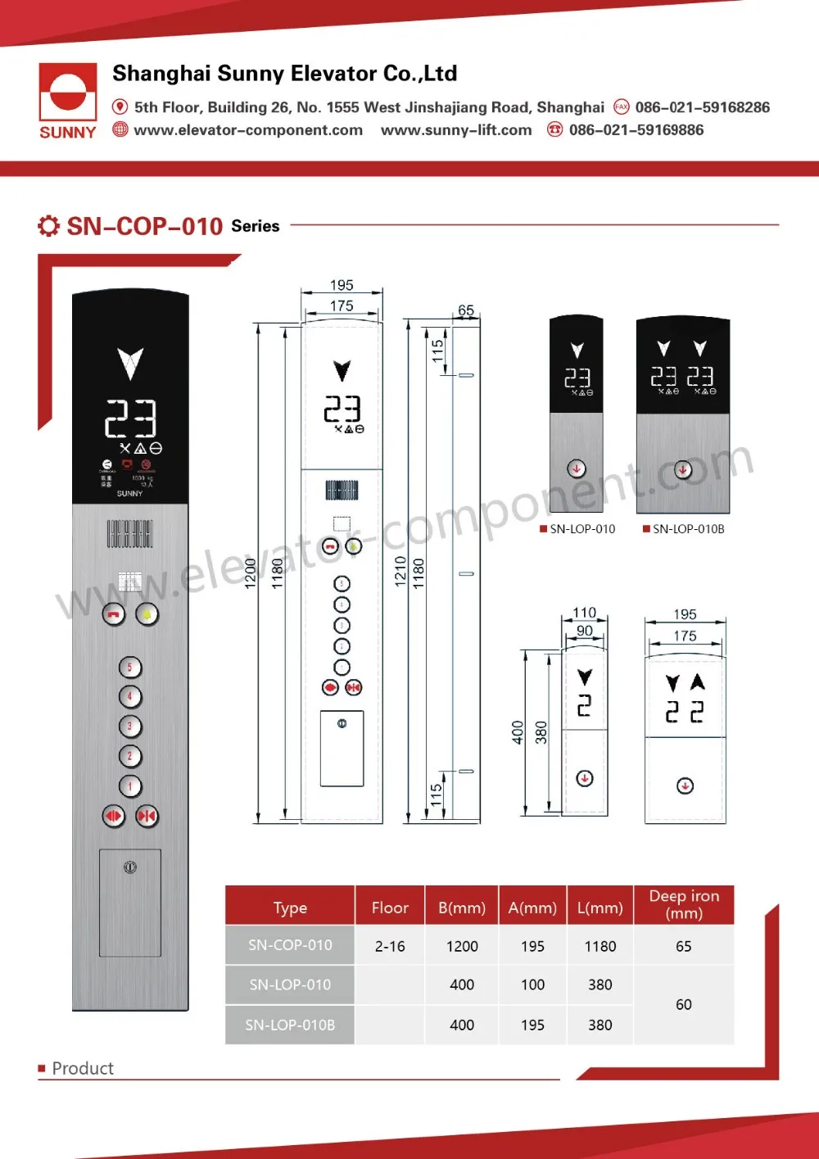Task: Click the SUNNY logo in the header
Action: (68, 102)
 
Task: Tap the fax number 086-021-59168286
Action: (702, 107)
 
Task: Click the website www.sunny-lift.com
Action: (456, 130)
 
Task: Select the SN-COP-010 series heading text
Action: (144, 226)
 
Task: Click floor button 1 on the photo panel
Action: (129, 786)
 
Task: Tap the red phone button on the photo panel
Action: (113, 613)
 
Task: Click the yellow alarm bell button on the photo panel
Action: (147, 613)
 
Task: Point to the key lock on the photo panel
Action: (130, 867)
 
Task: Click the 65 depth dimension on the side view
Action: (466, 310)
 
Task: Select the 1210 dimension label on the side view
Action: (400, 572)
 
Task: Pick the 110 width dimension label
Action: (584, 613)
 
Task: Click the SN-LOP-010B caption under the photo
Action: (688, 529)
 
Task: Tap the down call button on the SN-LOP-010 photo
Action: (577, 469)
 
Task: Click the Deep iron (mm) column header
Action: (684, 904)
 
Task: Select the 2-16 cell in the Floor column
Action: (390, 946)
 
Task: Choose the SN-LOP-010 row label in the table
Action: (290, 985)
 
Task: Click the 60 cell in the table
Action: (684, 1004)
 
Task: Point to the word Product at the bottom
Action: (83, 1068)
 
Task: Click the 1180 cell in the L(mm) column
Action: (600, 946)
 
